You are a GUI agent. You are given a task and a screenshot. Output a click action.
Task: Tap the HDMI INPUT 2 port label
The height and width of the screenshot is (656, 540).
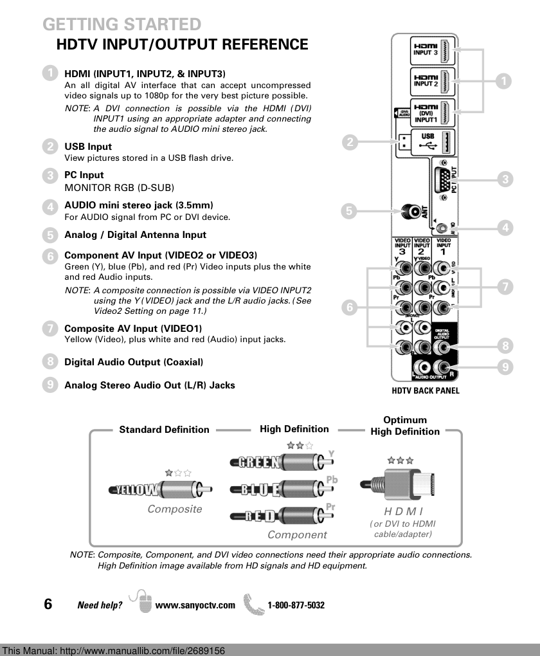(x=426, y=81)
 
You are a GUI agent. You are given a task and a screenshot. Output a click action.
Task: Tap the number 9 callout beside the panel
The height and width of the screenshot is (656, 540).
(x=506, y=368)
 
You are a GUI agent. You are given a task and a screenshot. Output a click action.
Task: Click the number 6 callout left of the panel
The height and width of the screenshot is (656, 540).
(x=350, y=308)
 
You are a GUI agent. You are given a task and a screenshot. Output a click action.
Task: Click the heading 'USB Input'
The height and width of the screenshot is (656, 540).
(x=88, y=147)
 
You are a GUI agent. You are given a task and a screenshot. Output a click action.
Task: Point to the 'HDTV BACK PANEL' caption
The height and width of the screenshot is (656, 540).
(x=426, y=390)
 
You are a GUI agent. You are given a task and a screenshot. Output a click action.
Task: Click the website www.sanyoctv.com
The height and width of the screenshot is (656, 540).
(x=195, y=605)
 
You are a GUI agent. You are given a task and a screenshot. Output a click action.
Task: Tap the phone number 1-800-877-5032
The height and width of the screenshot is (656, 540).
(x=296, y=605)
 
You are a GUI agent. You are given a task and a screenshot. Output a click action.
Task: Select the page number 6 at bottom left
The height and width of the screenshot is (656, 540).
(x=48, y=604)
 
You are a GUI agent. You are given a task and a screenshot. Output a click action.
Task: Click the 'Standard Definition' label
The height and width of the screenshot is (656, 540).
(x=164, y=430)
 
